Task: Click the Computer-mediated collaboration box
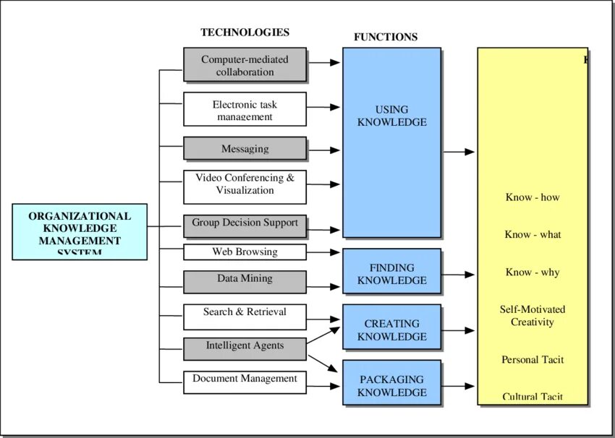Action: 245,65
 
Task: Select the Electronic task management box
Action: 245,109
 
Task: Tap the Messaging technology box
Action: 245,148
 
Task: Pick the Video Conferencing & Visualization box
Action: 245,186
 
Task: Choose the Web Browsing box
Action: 245,252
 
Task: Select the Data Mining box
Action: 245,281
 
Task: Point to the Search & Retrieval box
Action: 245,316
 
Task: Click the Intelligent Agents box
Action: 245,348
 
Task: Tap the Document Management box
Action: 245,382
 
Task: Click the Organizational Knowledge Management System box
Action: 80,231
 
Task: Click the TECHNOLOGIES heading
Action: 245,33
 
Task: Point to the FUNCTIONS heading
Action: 385,37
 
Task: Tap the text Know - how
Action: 533,197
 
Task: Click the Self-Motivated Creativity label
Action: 533,316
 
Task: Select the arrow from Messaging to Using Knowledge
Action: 323,150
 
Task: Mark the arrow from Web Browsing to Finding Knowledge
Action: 323,252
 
